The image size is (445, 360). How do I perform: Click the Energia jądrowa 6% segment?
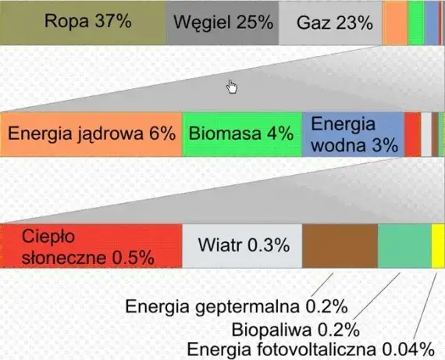[91, 134]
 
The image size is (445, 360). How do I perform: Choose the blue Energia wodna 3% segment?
[352, 134]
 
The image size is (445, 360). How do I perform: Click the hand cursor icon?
[232, 86]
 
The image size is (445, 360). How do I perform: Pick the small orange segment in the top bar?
[394, 23]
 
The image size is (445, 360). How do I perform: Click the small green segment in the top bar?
[416, 23]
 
